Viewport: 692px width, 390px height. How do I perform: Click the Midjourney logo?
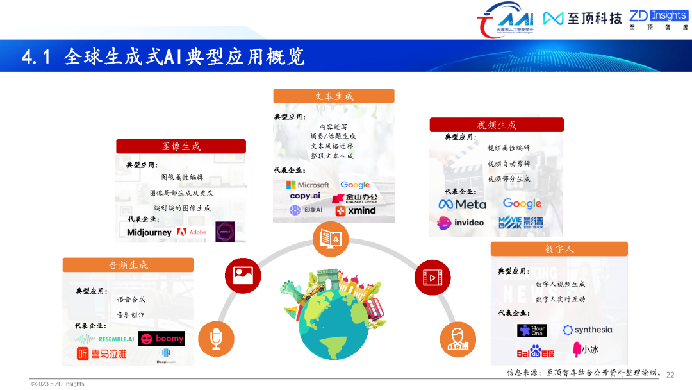tap(149, 232)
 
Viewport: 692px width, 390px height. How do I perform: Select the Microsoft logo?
tap(308, 185)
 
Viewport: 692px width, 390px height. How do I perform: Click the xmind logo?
tap(356, 210)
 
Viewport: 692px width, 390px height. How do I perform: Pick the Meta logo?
tap(462, 204)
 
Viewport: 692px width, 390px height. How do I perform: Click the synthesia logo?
tap(587, 330)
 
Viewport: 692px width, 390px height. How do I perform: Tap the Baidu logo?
tap(536, 352)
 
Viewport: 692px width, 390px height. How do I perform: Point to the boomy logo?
tap(161, 339)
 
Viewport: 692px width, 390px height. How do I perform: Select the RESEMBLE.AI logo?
tap(104, 339)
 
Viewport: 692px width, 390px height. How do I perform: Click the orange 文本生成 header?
tap(333, 96)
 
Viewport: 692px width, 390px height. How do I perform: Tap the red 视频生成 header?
tap(496, 124)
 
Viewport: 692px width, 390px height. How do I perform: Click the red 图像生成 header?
tap(181, 146)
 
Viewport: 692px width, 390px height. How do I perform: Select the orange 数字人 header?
tap(559, 249)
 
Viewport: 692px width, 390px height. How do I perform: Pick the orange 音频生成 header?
tap(128, 265)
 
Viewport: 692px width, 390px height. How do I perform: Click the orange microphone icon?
tap(216, 338)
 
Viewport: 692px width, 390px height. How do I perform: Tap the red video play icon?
tap(432, 277)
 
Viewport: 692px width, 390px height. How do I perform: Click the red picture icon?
tap(243, 275)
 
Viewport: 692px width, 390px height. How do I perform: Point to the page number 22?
tap(670, 375)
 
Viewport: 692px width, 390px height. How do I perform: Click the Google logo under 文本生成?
tap(355, 185)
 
